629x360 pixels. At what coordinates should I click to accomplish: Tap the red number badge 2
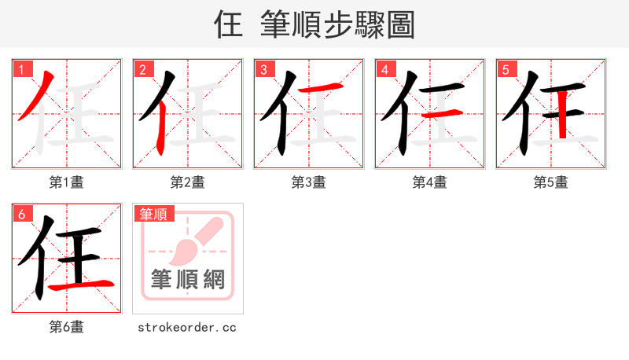[142, 69]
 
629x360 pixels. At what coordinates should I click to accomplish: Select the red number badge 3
[263, 69]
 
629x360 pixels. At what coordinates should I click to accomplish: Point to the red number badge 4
[384, 69]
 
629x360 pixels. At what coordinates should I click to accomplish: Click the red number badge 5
[506, 69]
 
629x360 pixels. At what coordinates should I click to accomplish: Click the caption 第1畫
[67, 182]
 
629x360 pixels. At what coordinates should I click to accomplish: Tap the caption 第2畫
[188, 182]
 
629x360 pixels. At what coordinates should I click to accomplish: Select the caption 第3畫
[309, 182]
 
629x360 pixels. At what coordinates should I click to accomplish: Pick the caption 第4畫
[430, 182]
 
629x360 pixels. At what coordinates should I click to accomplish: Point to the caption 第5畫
[551, 182]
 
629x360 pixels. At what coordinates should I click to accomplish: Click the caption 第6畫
[67, 327]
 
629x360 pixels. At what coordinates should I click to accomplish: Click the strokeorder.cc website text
[187, 327]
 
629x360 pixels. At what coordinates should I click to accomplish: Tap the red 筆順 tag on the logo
[153, 214]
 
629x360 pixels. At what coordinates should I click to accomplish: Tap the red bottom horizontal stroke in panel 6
[82, 285]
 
